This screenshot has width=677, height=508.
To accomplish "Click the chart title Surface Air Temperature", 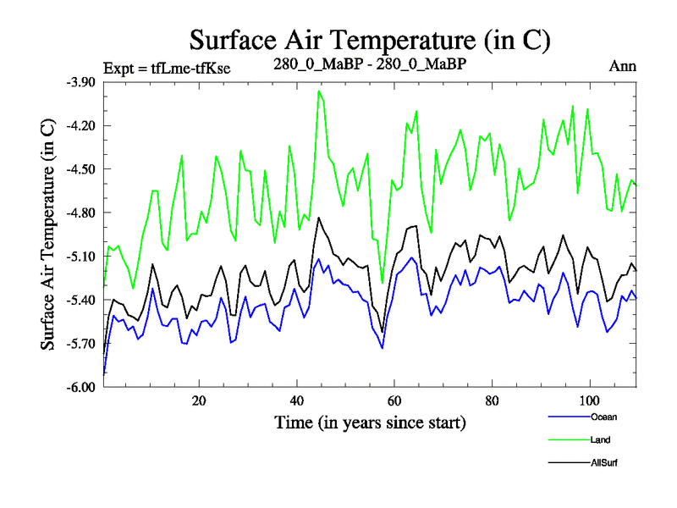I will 371,40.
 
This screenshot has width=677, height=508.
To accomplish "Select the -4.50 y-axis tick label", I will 82,169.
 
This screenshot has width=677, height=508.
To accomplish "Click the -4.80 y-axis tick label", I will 82,213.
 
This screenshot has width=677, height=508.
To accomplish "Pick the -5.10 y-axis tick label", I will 82,256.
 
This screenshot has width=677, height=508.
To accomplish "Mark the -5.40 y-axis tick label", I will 82,300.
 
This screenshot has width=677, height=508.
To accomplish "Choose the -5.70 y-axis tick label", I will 82,343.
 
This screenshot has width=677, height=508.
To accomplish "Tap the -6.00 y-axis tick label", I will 82,387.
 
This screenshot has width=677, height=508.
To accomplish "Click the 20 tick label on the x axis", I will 199,401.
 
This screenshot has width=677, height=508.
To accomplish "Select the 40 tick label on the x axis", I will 296,401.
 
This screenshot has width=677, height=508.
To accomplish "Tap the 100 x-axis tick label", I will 589,401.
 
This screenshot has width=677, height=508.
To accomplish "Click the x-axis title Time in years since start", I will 370,422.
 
